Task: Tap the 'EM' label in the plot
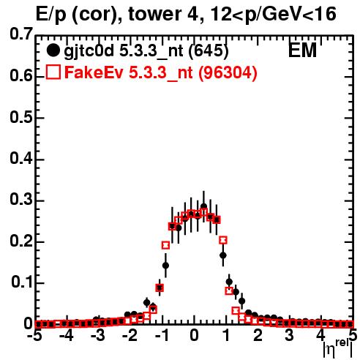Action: (302, 50)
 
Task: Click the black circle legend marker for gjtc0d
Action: (53, 51)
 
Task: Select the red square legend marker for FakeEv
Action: (53, 72)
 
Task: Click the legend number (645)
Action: (209, 51)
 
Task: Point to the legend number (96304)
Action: (228, 72)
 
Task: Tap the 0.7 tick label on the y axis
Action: (21, 34)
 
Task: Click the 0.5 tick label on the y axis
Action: (21, 118)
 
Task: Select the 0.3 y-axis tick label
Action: (21, 200)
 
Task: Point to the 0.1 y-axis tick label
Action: (22, 282)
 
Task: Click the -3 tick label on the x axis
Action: (98, 336)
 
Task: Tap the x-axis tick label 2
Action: (258, 336)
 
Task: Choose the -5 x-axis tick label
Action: (34, 336)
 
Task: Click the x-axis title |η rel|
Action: (338, 349)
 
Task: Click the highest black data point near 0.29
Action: (204, 206)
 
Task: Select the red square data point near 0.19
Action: (165, 245)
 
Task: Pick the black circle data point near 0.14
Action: (165, 266)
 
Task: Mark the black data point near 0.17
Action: (223, 255)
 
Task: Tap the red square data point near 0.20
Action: (223, 240)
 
